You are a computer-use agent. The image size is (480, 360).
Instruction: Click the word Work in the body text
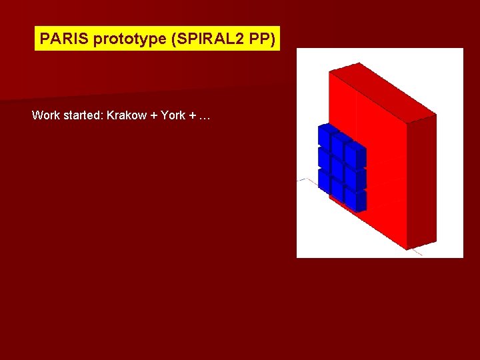pyautogui.click(x=45, y=115)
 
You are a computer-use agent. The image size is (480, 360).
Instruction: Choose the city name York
pyautogui.click(x=173, y=115)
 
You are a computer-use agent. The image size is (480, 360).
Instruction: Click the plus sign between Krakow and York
pyautogui.click(x=155, y=115)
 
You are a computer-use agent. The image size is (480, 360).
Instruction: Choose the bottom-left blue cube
pyautogui.click(x=324, y=180)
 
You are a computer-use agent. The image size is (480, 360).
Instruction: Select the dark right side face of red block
pyautogui.click(x=421, y=180)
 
